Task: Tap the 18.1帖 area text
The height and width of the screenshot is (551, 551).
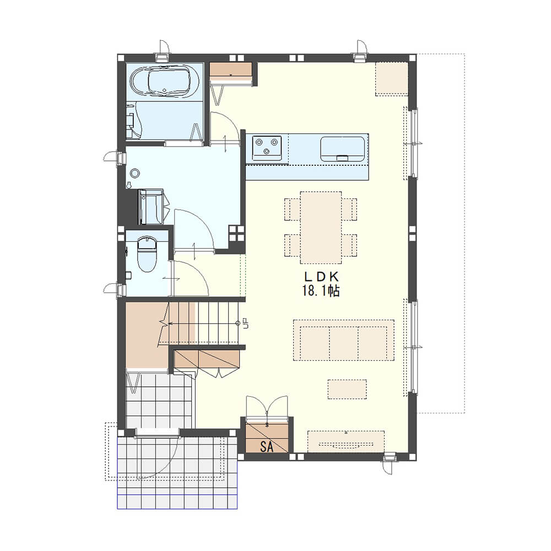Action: pyautogui.click(x=321, y=290)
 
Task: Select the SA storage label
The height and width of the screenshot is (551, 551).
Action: pyautogui.click(x=267, y=447)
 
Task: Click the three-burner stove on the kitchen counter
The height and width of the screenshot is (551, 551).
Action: pyautogui.click(x=267, y=148)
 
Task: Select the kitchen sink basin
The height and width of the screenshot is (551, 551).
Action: pyautogui.click(x=342, y=149)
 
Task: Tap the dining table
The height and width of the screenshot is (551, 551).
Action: pyautogui.click(x=321, y=228)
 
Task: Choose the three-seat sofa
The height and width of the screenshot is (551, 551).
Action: pyautogui.click(x=344, y=340)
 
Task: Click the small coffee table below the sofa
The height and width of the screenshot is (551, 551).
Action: pyautogui.click(x=347, y=389)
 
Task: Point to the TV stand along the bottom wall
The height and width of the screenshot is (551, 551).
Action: pyautogui.click(x=346, y=442)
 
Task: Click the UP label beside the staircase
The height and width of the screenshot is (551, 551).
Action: pyautogui.click(x=246, y=323)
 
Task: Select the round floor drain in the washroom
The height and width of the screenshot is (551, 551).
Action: pyautogui.click(x=135, y=172)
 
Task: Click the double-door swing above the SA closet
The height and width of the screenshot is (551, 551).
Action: pyautogui.click(x=267, y=407)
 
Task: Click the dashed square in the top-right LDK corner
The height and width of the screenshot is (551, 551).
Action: pyautogui.click(x=392, y=79)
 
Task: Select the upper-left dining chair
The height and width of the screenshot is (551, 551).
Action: pyautogui.click(x=292, y=209)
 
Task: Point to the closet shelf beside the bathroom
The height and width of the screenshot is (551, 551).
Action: pyautogui.click(x=231, y=69)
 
